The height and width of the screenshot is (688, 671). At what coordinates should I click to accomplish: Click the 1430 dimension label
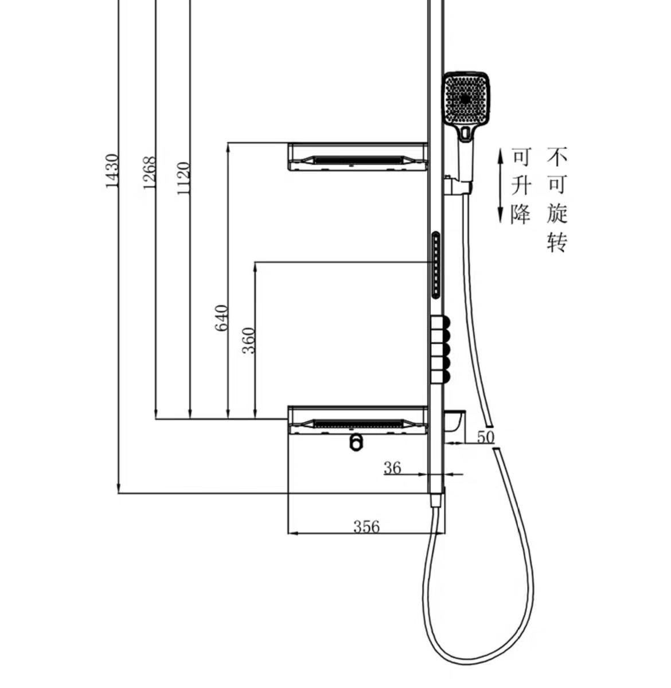tap(111, 170)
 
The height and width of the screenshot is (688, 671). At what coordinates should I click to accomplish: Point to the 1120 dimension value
tap(184, 178)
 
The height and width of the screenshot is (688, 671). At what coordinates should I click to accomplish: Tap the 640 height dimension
tap(221, 318)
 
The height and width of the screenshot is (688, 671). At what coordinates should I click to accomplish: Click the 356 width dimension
tap(366, 526)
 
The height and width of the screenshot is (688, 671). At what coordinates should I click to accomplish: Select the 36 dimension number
tap(392, 468)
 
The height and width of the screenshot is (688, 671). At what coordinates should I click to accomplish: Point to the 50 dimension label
tap(485, 437)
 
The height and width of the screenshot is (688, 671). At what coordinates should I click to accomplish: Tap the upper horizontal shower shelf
tap(357, 156)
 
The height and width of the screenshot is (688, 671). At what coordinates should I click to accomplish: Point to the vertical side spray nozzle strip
tap(436, 265)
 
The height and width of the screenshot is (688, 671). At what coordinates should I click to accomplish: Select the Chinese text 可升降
tap(521, 185)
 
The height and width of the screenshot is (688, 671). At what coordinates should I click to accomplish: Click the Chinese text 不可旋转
tap(556, 199)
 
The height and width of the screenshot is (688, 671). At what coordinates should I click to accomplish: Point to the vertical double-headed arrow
tap(500, 185)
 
